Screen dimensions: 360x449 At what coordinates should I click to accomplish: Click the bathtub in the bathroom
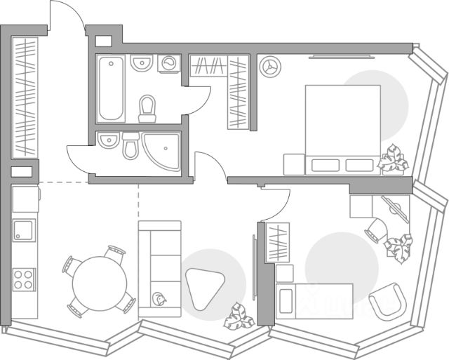112,89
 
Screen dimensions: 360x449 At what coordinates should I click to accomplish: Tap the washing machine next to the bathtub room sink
169,64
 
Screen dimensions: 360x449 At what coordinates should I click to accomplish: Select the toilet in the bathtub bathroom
147,109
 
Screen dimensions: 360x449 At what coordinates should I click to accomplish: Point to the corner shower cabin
163,152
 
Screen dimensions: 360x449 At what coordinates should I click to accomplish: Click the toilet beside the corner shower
131,146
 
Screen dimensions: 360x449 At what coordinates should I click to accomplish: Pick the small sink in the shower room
108,142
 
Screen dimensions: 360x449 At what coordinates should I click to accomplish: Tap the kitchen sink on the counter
25,230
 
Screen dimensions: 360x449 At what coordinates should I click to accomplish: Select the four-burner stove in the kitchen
25,279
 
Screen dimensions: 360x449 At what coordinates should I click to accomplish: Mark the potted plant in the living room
239,318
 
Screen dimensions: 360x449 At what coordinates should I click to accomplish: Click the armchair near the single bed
388,301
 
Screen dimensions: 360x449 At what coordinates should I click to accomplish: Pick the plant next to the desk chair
399,248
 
